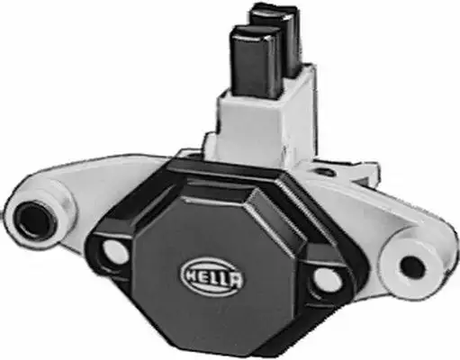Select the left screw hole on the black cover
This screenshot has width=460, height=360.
tap(115, 253)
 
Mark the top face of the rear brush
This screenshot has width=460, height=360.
tap(273, 12)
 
